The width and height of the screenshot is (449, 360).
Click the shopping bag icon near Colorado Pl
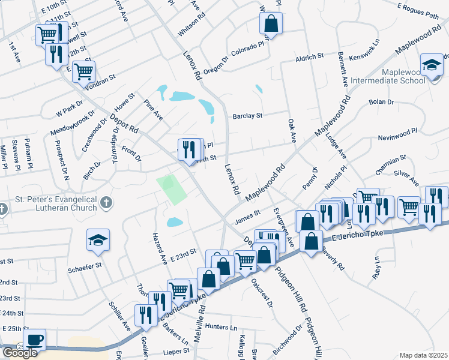coord(271,24)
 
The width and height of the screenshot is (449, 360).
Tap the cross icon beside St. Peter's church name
coord(106,202)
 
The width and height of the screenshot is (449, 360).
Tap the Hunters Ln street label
coord(221,327)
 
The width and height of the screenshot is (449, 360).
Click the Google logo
coord(20,353)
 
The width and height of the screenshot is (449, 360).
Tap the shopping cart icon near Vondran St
coord(84,71)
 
